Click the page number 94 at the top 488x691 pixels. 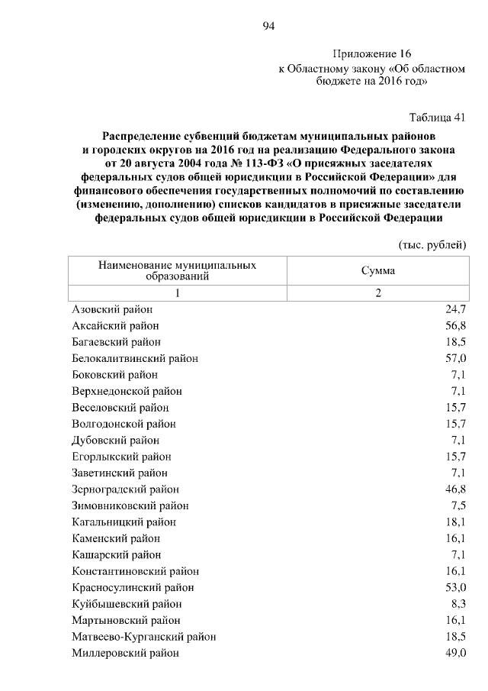pyautogui.click(x=268, y=26)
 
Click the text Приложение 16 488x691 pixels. pyautogui.click(x=371, y=54)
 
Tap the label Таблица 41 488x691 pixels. pyautogui.click(x=437, y=117)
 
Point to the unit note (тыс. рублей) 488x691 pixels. pyautogui.click(x=432, y=244)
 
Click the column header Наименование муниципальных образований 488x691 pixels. pyautogui.click(x=177, y=270)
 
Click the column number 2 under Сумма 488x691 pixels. pyautogui.click(x=377, y=293)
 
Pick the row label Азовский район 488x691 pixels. pyautogui.click(x=112, y=309)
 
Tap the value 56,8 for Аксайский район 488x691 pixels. pyautogui.click(x=455, y=326)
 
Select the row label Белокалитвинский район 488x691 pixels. pyautogui.click(x=135, y=358)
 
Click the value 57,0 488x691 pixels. pyautogui.click(x=455, y=358)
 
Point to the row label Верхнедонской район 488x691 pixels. pyautogui.click(x=127, y=391)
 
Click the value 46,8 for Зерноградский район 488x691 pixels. pyautogui.click(x=455, y=489)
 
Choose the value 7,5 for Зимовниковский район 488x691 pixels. pyautogui.click(x=458, y=505)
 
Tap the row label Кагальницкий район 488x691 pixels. pyautogui.click(x=124, y=522)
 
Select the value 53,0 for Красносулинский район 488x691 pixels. pyautogui.click(x=455, y=587)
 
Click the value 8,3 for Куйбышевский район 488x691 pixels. pyautogui.click(x=458, y=604)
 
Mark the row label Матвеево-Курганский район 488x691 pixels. pyautogui.click(x=143, y=637)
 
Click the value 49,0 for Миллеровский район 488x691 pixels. pyautogui.click(x=455, y=653)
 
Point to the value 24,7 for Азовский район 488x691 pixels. pyautogui.click(x=455, y=309)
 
